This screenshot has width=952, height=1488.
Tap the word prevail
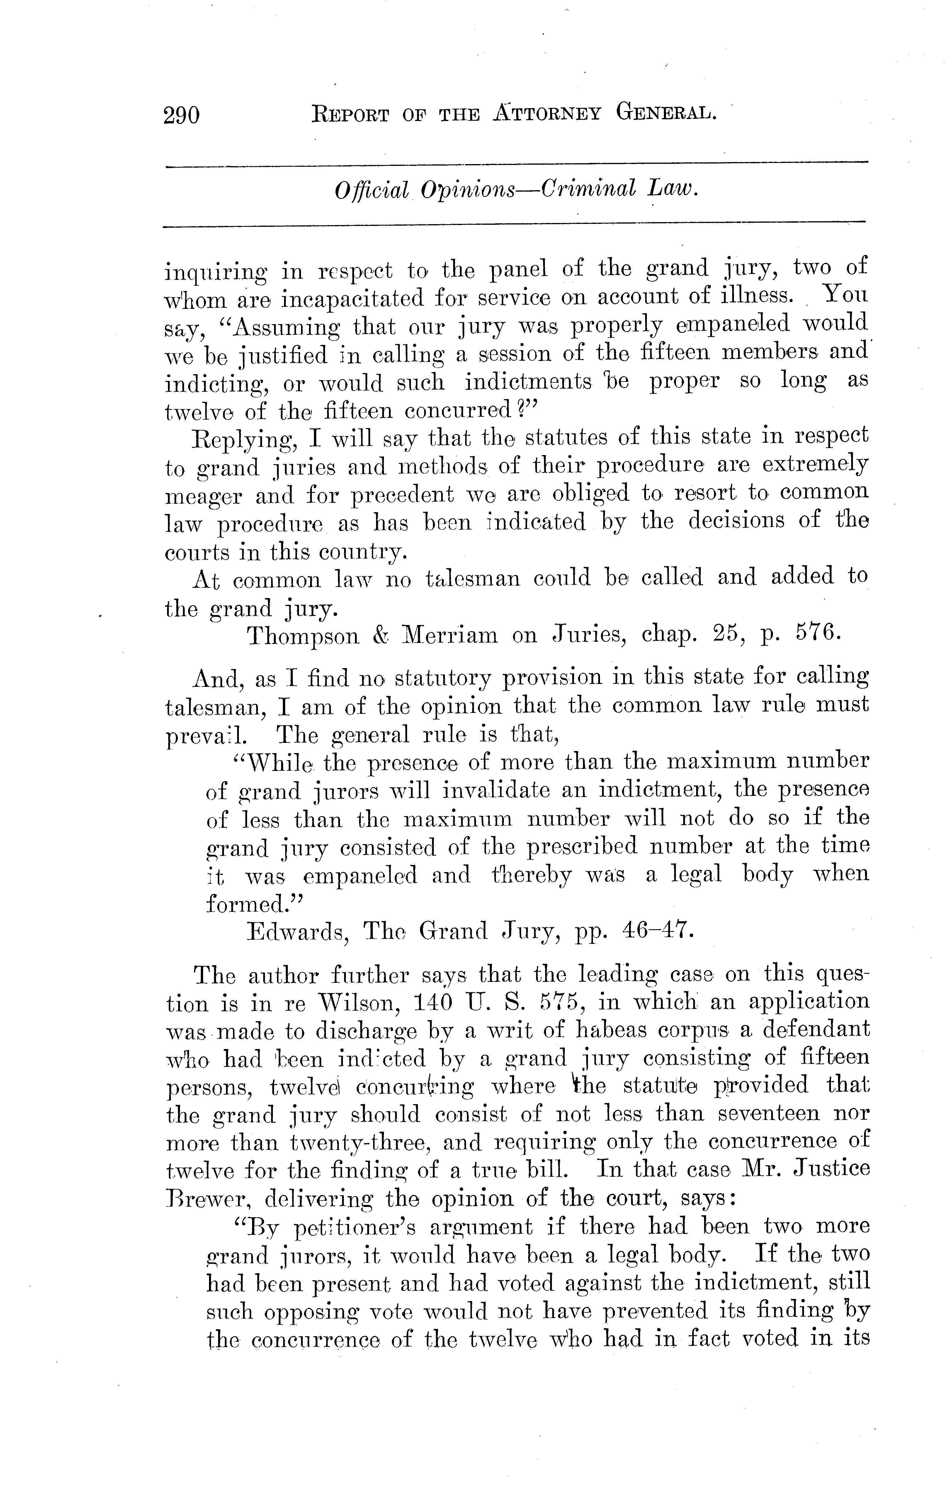click(x=206, y=736)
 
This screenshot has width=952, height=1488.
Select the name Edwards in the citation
click(x=294, y=931)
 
